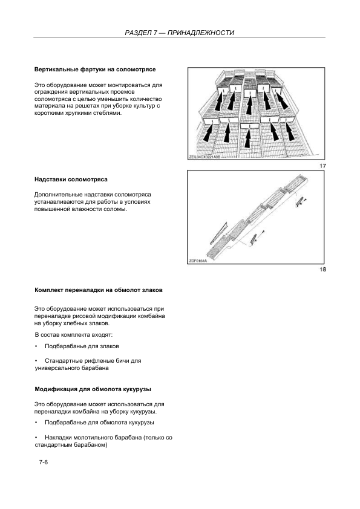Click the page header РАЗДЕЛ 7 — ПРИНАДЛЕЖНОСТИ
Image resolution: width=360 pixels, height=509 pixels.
pyautogui.click(x=179, y=33)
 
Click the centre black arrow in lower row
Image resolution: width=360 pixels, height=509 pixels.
pyautogui.click(x=247, y=138)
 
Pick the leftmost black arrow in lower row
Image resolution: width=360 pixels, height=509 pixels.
pyautogui.click(x=208, y=134)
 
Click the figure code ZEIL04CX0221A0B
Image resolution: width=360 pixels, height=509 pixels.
pyautogui.click(x=205, y=157)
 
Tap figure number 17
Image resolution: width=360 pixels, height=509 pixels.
pyautogui.click(x=322, y=166)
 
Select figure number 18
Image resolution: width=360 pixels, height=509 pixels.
pyautogui.click(x=322, y=270)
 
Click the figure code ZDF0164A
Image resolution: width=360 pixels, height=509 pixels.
pyautogui.click(x=198, y=261)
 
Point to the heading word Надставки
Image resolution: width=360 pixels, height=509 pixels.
pyautogui.click(x=50, y=180)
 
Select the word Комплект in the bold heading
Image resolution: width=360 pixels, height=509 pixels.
pyautogui.click(x=49, y=290)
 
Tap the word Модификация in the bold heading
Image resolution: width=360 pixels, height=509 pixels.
pyautogui.click(x=56, y=389)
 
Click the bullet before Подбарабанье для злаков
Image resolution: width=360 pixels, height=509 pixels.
pyautogui.click(x=36, y=346)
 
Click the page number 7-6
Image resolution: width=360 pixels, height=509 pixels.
pyautogui.click(x=43, y=462)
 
